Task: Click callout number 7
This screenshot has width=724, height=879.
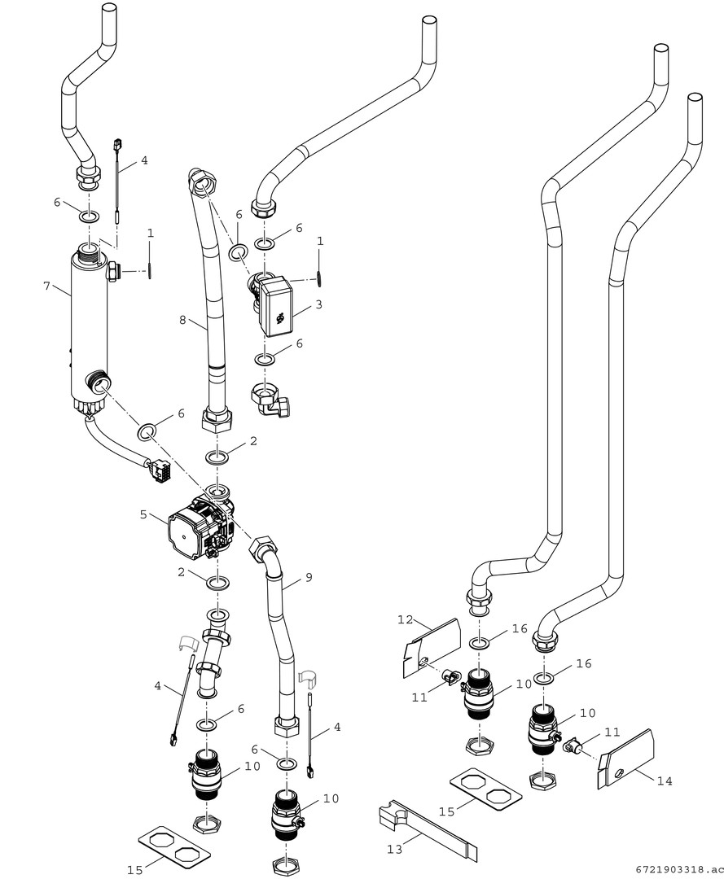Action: (47, 286)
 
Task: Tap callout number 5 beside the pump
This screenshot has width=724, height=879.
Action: (144, 514)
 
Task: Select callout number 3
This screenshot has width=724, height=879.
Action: (318, 304)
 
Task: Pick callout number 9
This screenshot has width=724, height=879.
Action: (309, 577)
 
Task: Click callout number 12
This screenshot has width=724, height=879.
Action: (406, 619)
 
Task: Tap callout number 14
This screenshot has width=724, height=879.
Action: (665, 781)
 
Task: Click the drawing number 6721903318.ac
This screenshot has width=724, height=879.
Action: (680, 869)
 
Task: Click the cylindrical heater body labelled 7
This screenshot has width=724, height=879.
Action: (89, 326)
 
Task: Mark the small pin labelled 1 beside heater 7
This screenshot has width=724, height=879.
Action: (151, 269)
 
